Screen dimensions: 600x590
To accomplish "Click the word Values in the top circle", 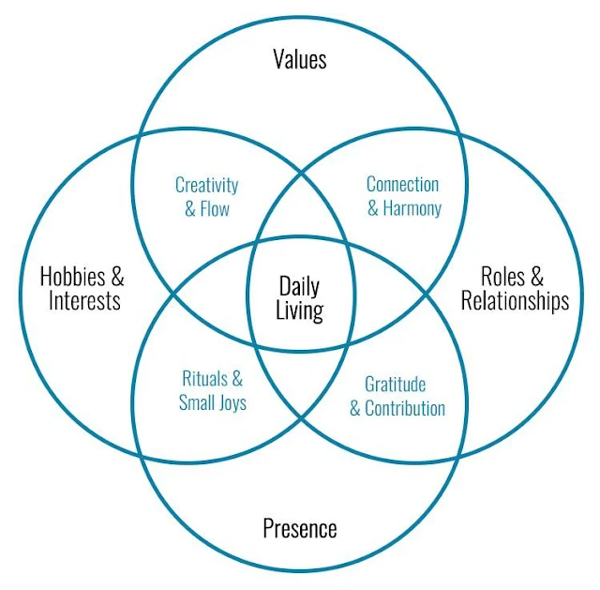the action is [x=300, y=59].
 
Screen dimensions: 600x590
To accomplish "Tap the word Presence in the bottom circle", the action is [x=300, y=528].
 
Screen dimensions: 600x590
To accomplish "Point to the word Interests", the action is [x=84, y=300].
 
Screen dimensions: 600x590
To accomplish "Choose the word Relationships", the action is [x=515, y=301].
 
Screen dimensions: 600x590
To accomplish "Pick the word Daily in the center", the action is [x=299, y=287].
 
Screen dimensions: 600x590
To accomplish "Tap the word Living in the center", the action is [x=300, y=310].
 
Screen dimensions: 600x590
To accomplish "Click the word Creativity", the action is [x=206, y=186].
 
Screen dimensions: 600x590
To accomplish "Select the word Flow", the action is [x=215, y=209].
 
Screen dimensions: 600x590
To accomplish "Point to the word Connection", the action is [x=402, y=185].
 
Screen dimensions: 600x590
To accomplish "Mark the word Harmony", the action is [x=412, y=209].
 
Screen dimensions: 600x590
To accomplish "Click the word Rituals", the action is [x=204, y=379].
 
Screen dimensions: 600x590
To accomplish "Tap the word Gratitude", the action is [x=396, y=384].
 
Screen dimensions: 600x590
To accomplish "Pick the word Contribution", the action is [x=405, y=408].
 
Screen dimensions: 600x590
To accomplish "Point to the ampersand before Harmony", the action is [x=373, y=209].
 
